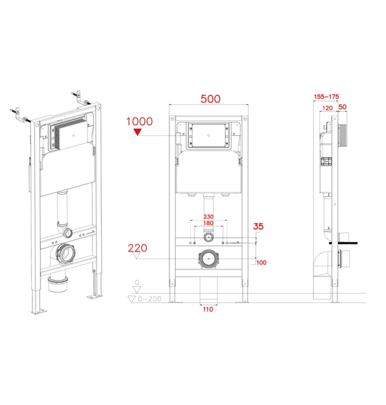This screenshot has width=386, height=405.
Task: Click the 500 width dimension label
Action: pyautogui.click(x=210, y=99)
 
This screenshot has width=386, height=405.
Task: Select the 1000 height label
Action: pyautogui.click(x=139, y=121)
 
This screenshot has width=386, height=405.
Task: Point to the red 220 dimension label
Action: pyautogui.click(x=138, y=248)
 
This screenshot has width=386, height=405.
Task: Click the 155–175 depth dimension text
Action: pyautogui.click(x=326, y=97)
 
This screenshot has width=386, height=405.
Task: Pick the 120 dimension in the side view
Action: pyautogui.click(x=327, y=108)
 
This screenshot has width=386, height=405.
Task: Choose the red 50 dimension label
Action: pyautogui.click(x=342, y=107)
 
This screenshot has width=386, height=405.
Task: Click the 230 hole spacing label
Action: pyautogui.click(x=208, y=217)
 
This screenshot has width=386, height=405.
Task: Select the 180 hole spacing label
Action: pyautogui.click(x=208, y=223)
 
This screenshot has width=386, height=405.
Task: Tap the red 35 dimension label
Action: pyautogui.click(x=258, y=226)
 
